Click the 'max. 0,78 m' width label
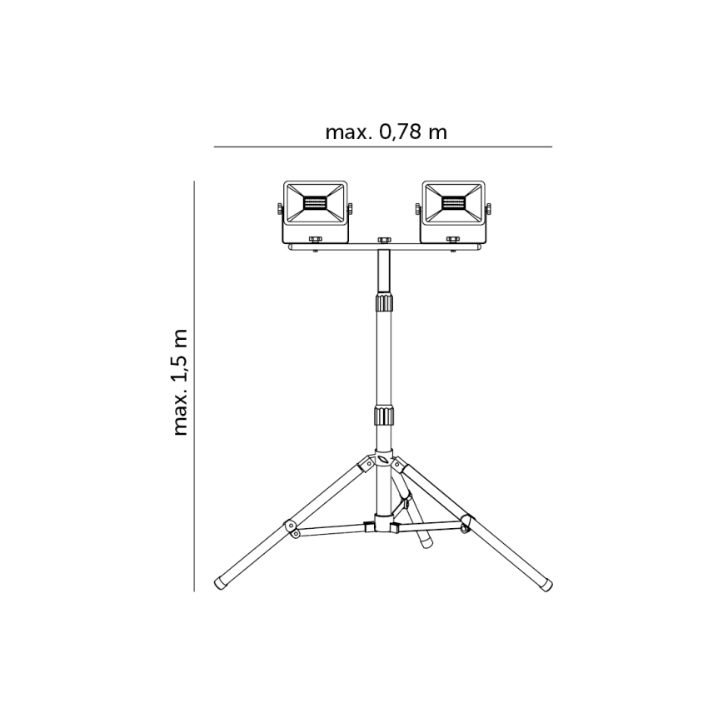[385, 132]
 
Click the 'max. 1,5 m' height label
[181, 382]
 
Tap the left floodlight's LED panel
[316, 203]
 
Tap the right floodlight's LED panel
[454, 203]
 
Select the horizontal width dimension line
[382, 147]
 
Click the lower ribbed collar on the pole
[383, 416]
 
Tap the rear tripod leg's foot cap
[424, 542]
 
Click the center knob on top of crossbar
[383, 241]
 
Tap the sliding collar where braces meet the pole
[383, 524]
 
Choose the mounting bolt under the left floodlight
[315, 241]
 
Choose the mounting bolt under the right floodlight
[453, 241]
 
